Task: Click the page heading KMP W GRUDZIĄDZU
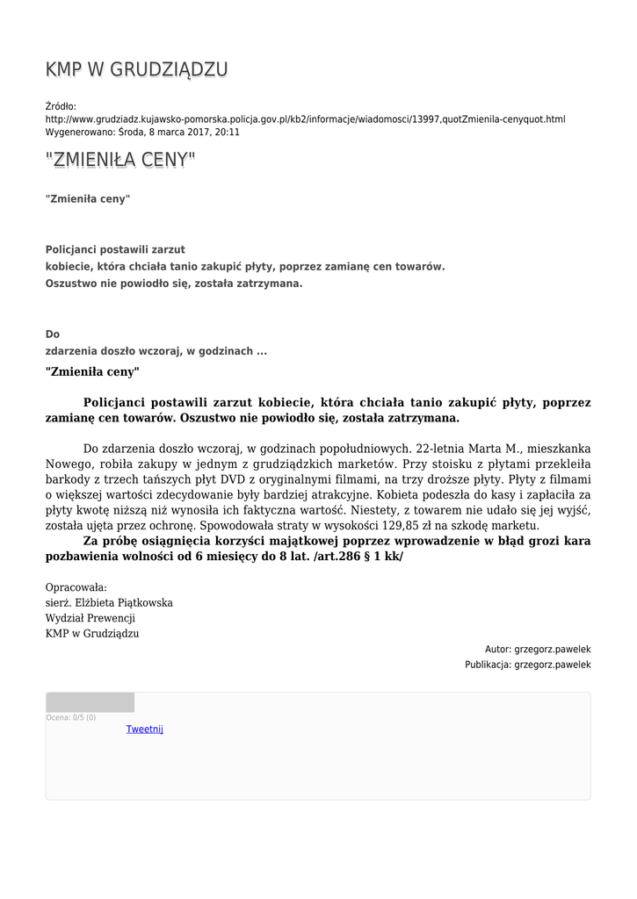click(136, 70)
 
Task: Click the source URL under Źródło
click(305, 119)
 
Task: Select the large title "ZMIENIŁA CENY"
click(120, 160)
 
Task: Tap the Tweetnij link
click(144, 730)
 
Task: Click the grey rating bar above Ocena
click(90, 702)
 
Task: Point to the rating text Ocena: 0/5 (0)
click(71, 718)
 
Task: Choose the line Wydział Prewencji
click(84, 618)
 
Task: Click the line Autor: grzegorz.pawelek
click(538, 650)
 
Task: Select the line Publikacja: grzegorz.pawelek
click(527, 665)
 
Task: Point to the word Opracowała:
click(76, 587)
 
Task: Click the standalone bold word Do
click(53, 334)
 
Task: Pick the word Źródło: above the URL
click(61, 106)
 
